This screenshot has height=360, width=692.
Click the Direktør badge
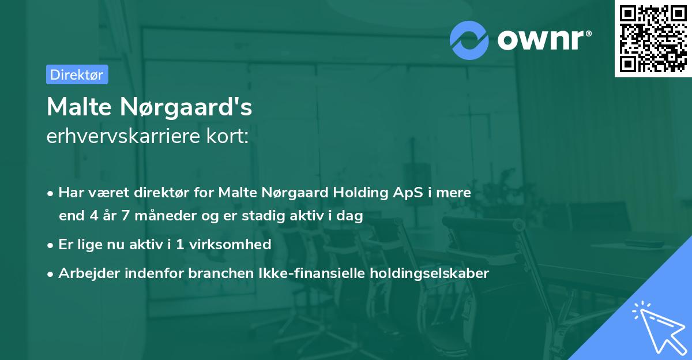[77, 74]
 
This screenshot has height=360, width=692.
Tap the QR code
[653, 39]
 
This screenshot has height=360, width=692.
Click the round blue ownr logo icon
[469, 40]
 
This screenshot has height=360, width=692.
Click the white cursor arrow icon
[657, 325]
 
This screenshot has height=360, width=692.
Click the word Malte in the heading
[79, 107]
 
